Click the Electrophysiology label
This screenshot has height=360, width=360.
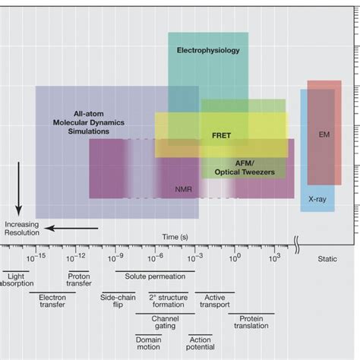pos(207,51)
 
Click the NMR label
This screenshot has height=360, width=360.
pos(183,189)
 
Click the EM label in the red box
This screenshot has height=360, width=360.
pos(324,134)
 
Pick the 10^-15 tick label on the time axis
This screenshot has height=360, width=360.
pos(37,258)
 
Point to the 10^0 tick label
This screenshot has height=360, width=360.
pos(235,258)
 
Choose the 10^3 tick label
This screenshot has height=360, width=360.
pos(274,258)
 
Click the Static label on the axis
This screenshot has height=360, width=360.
pos(327,259)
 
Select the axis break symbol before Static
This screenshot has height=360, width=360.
pos(298,245)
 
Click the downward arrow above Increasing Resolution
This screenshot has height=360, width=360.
pos(19,200)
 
